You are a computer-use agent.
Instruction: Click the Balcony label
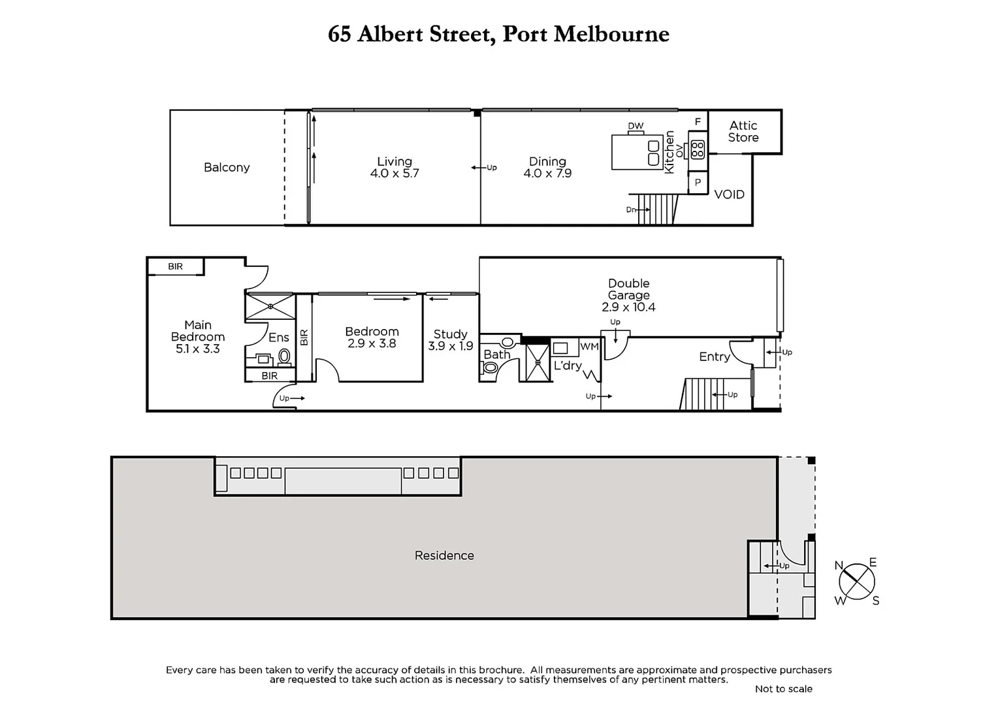coord(227,168)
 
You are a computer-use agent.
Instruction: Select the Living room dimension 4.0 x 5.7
coord(394,174)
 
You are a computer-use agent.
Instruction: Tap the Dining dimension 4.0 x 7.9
coord(547,174)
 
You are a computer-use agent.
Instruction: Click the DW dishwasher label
coord(636,126)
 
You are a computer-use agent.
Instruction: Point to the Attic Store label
coord(743,131)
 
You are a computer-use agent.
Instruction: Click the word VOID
coord(729,195)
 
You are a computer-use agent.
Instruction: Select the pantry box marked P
coord(698,183)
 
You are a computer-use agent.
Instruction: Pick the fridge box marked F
coord(698,122)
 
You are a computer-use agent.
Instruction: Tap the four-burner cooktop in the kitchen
coord(698,149)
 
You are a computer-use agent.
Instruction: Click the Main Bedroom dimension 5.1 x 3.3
coord(197,349)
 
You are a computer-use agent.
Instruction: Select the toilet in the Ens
coord(284,356)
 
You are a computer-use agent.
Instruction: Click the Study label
coord(450,334)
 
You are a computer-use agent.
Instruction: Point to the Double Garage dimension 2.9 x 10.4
coord(628,307)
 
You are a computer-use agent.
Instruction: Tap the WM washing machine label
coord(589,347)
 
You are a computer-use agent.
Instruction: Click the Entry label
coord(714,356)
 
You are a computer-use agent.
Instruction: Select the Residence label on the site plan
coord(444,556)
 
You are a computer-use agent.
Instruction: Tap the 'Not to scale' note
coord(783,689)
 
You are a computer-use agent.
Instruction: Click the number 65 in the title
coord(339,34)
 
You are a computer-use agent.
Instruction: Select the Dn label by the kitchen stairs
coord(631,210)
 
